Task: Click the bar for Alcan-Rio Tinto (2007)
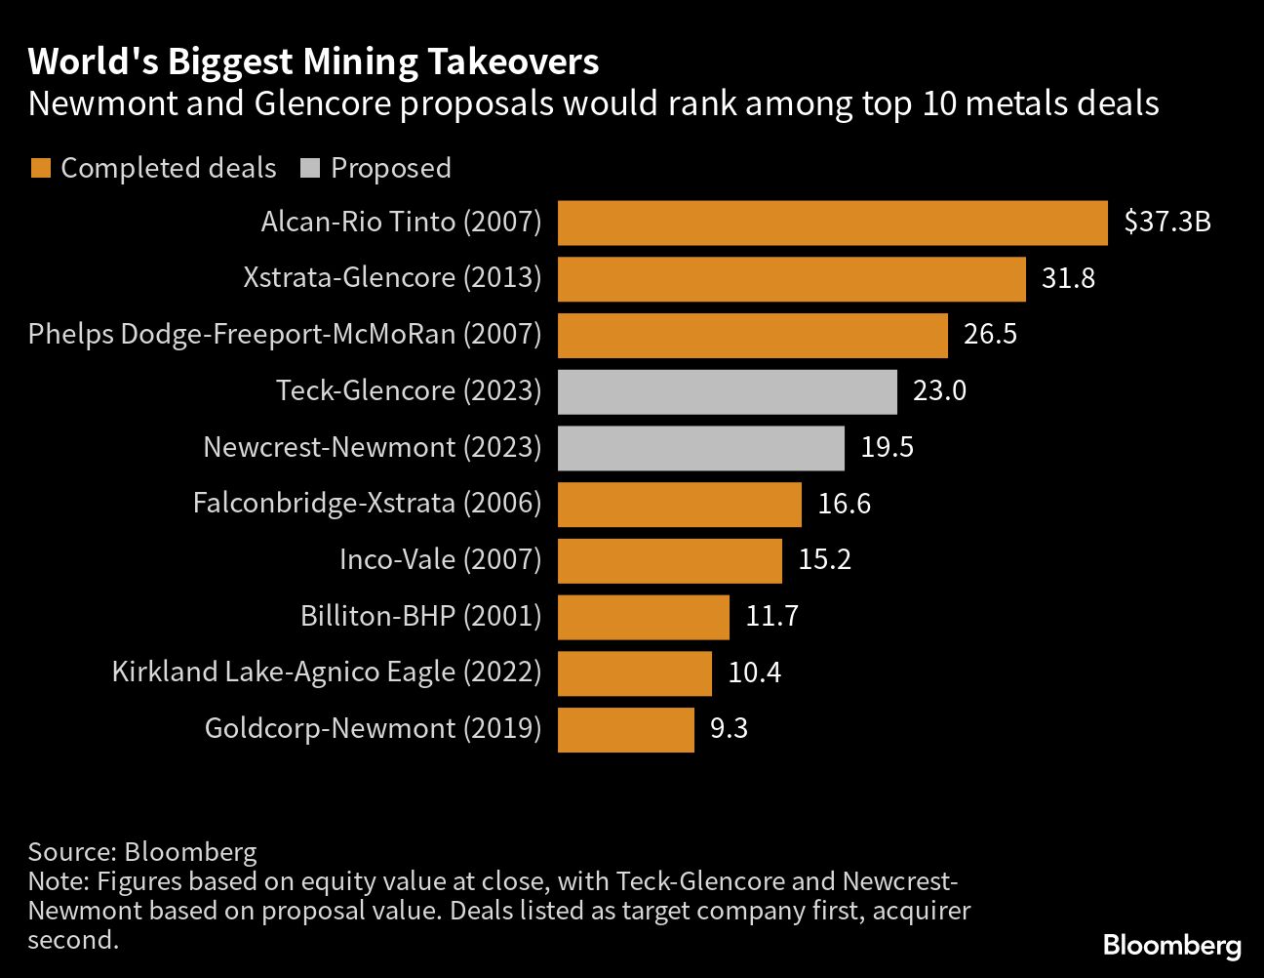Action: (x=832, y=223)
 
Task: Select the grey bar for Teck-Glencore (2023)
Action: (x=727, y=391)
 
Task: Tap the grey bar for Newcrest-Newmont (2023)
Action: (x=700, y=448)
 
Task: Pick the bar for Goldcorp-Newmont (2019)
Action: (x=625, y=729)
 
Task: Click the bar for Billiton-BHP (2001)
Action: (x=643, y=617)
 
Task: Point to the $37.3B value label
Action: (x=1166, y=223)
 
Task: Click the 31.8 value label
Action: (x=1068, y=279)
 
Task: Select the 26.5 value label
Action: (x=990, y=335)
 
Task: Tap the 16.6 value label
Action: (x=844, y=504)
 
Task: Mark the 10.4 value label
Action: (x=754, y=672)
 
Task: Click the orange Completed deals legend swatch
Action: (x=40, y=169)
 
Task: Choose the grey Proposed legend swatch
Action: (x=310, y=169)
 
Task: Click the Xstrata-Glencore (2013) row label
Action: (x=392, y=278)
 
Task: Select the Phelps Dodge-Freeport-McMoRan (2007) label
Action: (x=284, y=335)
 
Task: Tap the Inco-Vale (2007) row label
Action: (x=440, y=559)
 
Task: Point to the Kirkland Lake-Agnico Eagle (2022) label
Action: (x=327, y=672)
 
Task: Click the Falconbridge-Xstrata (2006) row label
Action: (x=367, y=504)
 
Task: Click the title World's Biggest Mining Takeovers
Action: (x=313, y=62)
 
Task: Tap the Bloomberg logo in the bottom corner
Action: (x=1171, y=945)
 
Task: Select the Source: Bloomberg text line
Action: (x=142, y=852)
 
